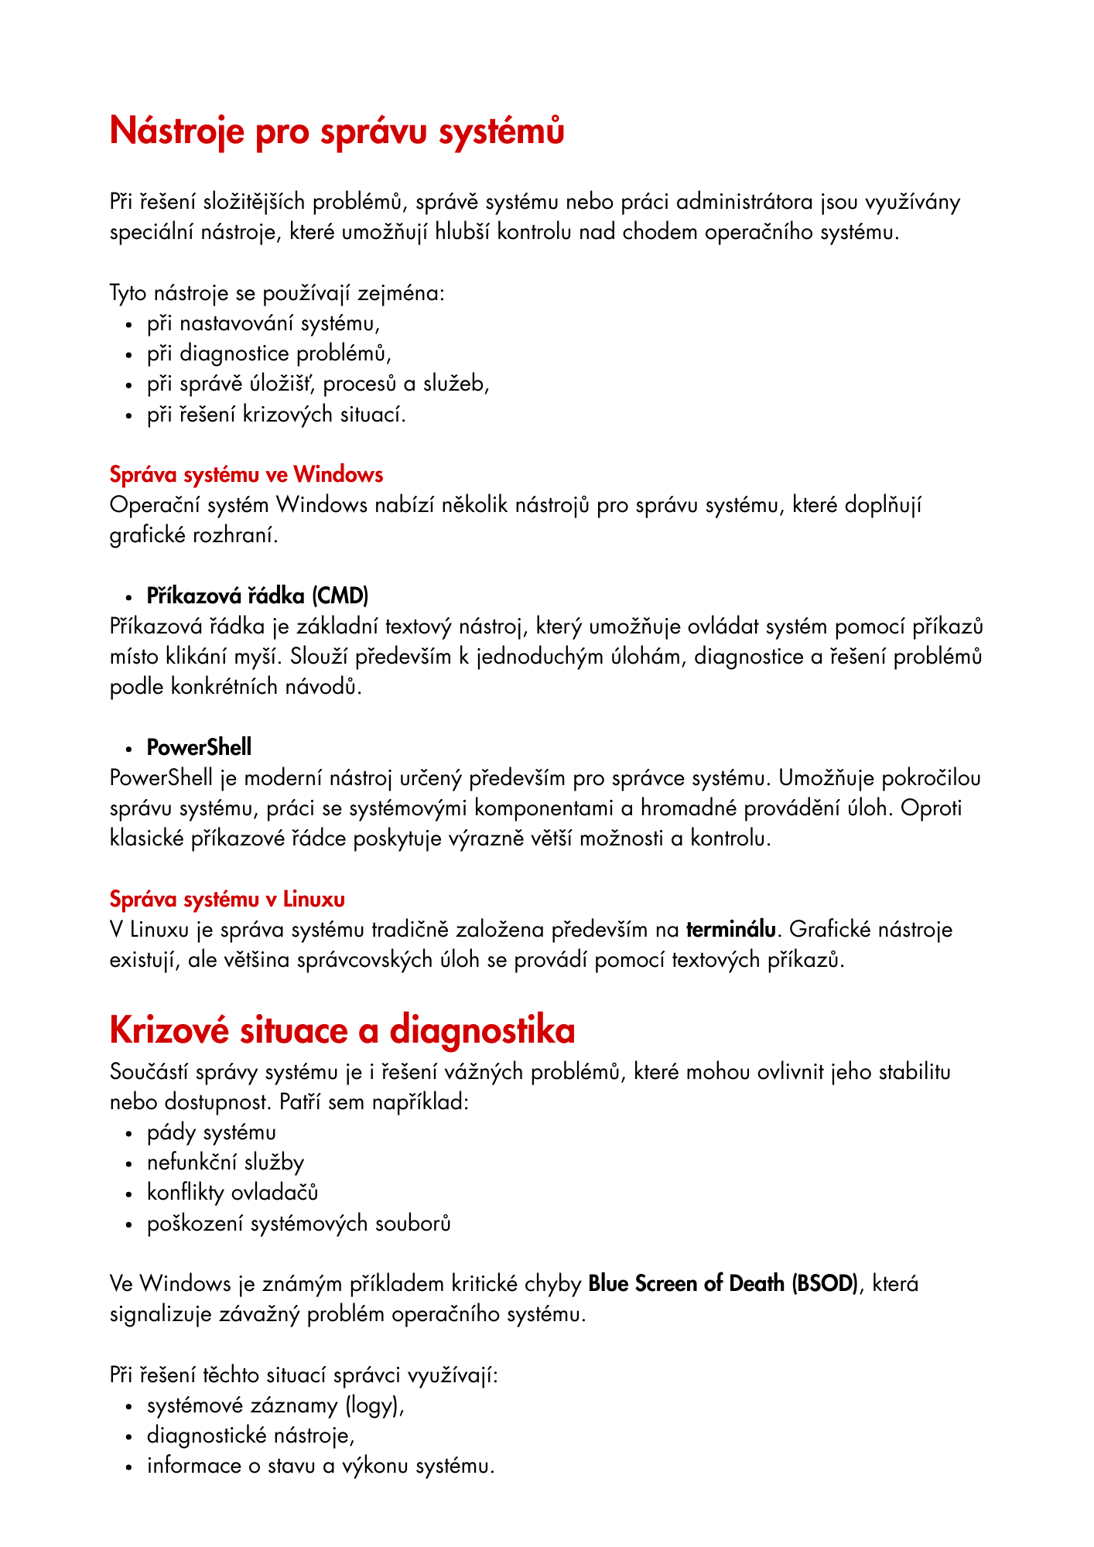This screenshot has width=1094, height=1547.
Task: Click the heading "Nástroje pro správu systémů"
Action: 337,131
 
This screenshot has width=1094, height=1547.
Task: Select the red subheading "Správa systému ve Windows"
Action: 246,474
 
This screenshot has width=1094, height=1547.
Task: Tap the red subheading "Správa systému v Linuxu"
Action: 227,899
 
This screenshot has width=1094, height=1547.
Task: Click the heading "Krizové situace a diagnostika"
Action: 342,1030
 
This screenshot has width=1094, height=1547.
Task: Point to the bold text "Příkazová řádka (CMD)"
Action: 258,596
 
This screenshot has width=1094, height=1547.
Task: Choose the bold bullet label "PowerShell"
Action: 199,747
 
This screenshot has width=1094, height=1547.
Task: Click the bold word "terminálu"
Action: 730,929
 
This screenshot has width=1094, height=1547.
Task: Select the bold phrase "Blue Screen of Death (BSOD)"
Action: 723,1283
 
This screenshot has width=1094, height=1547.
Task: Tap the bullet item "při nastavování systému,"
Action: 263,323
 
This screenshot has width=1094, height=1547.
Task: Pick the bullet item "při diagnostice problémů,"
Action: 269,354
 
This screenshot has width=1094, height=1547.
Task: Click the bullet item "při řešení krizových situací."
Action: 276,415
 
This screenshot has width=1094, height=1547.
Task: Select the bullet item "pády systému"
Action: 211,1132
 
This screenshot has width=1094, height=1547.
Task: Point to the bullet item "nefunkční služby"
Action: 225,1163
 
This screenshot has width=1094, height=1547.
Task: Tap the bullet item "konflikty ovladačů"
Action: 232,1193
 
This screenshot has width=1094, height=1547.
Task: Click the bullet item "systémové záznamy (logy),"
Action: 275,1405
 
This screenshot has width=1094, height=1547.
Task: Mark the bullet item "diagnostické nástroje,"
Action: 251,1436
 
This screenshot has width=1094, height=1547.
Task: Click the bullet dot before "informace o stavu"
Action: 130,1467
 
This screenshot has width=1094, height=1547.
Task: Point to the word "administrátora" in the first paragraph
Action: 745,203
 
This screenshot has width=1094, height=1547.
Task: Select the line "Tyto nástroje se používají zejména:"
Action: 277,293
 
